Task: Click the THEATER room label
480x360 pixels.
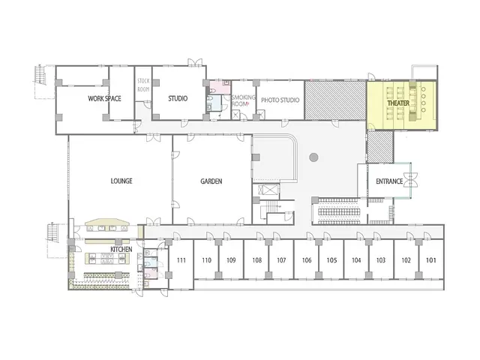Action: click(398, 103)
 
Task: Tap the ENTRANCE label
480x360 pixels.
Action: click(389, 181)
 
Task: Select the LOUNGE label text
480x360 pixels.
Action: click(121, 181)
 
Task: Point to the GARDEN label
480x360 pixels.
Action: click(211, 181)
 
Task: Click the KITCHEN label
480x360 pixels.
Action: click(121, 249)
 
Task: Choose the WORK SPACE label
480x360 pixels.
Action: click(104, 98)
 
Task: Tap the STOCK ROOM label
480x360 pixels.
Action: click(143, 85)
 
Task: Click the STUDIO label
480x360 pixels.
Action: click(178, 98)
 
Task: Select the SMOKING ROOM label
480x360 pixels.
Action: click(243, 100)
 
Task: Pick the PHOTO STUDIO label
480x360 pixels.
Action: click(280, 100)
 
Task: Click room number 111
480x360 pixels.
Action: click(181, 260)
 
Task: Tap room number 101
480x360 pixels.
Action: click(431, 260)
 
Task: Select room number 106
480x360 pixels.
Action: click(307, 260)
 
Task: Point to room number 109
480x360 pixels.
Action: click(231, 260)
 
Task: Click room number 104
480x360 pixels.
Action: click(356, 260)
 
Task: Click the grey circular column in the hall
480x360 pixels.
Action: click(313, 157)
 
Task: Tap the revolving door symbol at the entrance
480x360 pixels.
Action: click(410, 180)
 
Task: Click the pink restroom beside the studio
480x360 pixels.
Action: click(220, 88)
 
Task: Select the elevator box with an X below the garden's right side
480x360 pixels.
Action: click(268, 190)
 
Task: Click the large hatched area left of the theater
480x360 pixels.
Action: click(335, 100)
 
